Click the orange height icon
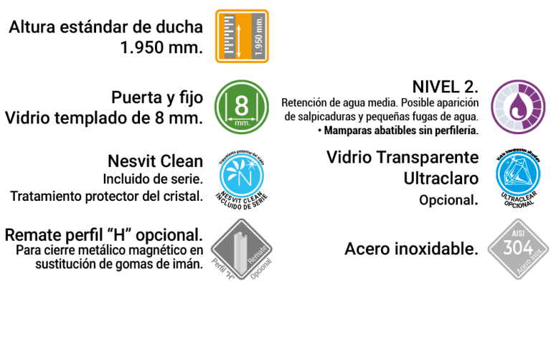[242, 36]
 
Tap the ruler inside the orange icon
[230, 35]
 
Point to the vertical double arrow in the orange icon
[239, 40]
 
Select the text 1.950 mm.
[258, 36]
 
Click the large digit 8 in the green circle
[242, 105]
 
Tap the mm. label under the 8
[242, 123]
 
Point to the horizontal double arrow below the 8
[242, 118]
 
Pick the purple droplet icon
[518, 106]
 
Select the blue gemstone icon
[518, 174]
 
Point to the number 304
[518, 248]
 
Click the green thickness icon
[242, 107]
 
